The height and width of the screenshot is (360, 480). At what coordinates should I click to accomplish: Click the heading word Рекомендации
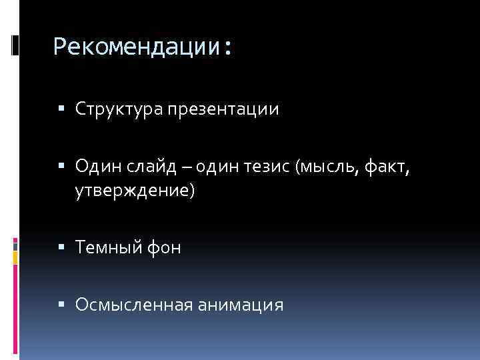coord(138,47)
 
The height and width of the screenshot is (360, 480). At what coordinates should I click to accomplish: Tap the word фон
coord(163,248)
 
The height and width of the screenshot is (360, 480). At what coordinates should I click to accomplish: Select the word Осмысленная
coord(134,305)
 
